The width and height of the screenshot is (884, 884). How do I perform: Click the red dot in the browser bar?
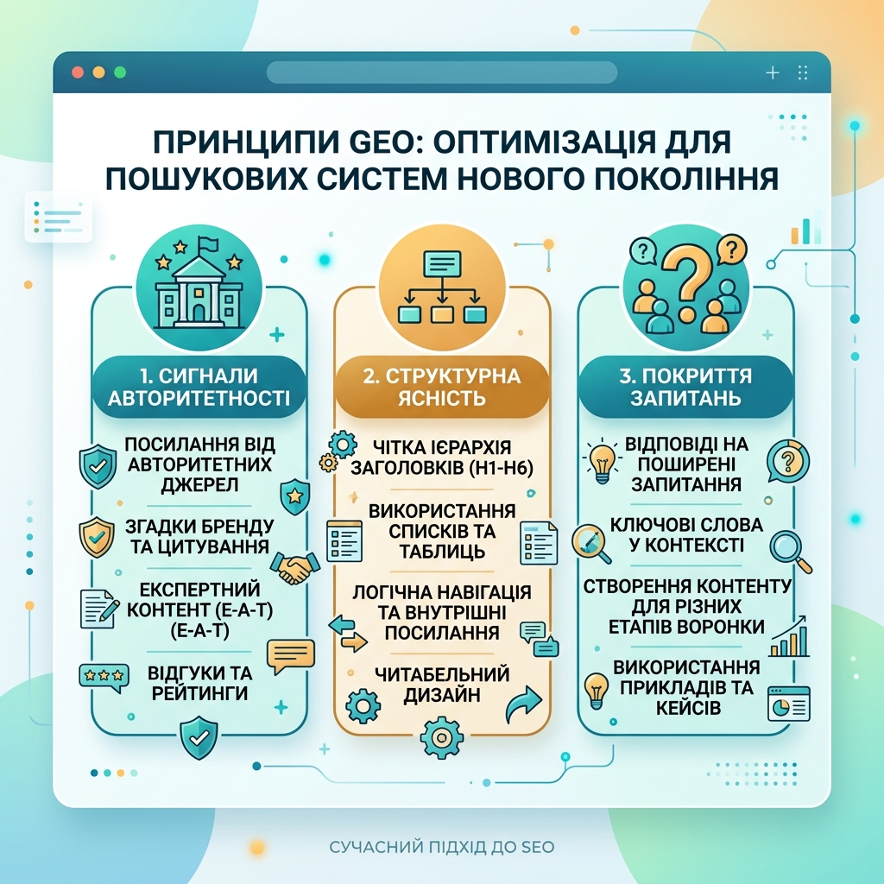[x=78, y=73]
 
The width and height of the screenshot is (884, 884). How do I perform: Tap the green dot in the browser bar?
[x=120, y=73]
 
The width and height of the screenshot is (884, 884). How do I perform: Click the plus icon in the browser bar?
[x=773, y=73]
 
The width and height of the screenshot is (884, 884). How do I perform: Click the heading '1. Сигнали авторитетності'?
[x=199, y=387]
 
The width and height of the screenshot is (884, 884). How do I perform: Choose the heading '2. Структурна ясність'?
[x=442, y=387]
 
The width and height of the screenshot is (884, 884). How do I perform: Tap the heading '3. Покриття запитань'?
[x=685, y=387]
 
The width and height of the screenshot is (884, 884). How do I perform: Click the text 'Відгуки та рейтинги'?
[x=200, y=683]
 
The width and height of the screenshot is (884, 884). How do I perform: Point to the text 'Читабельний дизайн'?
[x=442, y=685]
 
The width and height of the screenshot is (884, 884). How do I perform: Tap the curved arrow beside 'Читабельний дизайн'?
[x=523, y=704]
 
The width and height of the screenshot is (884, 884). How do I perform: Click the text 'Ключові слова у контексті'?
[x=686, y=534]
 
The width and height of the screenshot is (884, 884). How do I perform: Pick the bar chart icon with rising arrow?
[x=790, y=636]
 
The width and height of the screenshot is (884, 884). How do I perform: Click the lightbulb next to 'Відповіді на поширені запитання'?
[x=602, y=462]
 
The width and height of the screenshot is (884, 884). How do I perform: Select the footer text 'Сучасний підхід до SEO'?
[x=442, y=846]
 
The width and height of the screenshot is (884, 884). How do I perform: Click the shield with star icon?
[x=295, y=496]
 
